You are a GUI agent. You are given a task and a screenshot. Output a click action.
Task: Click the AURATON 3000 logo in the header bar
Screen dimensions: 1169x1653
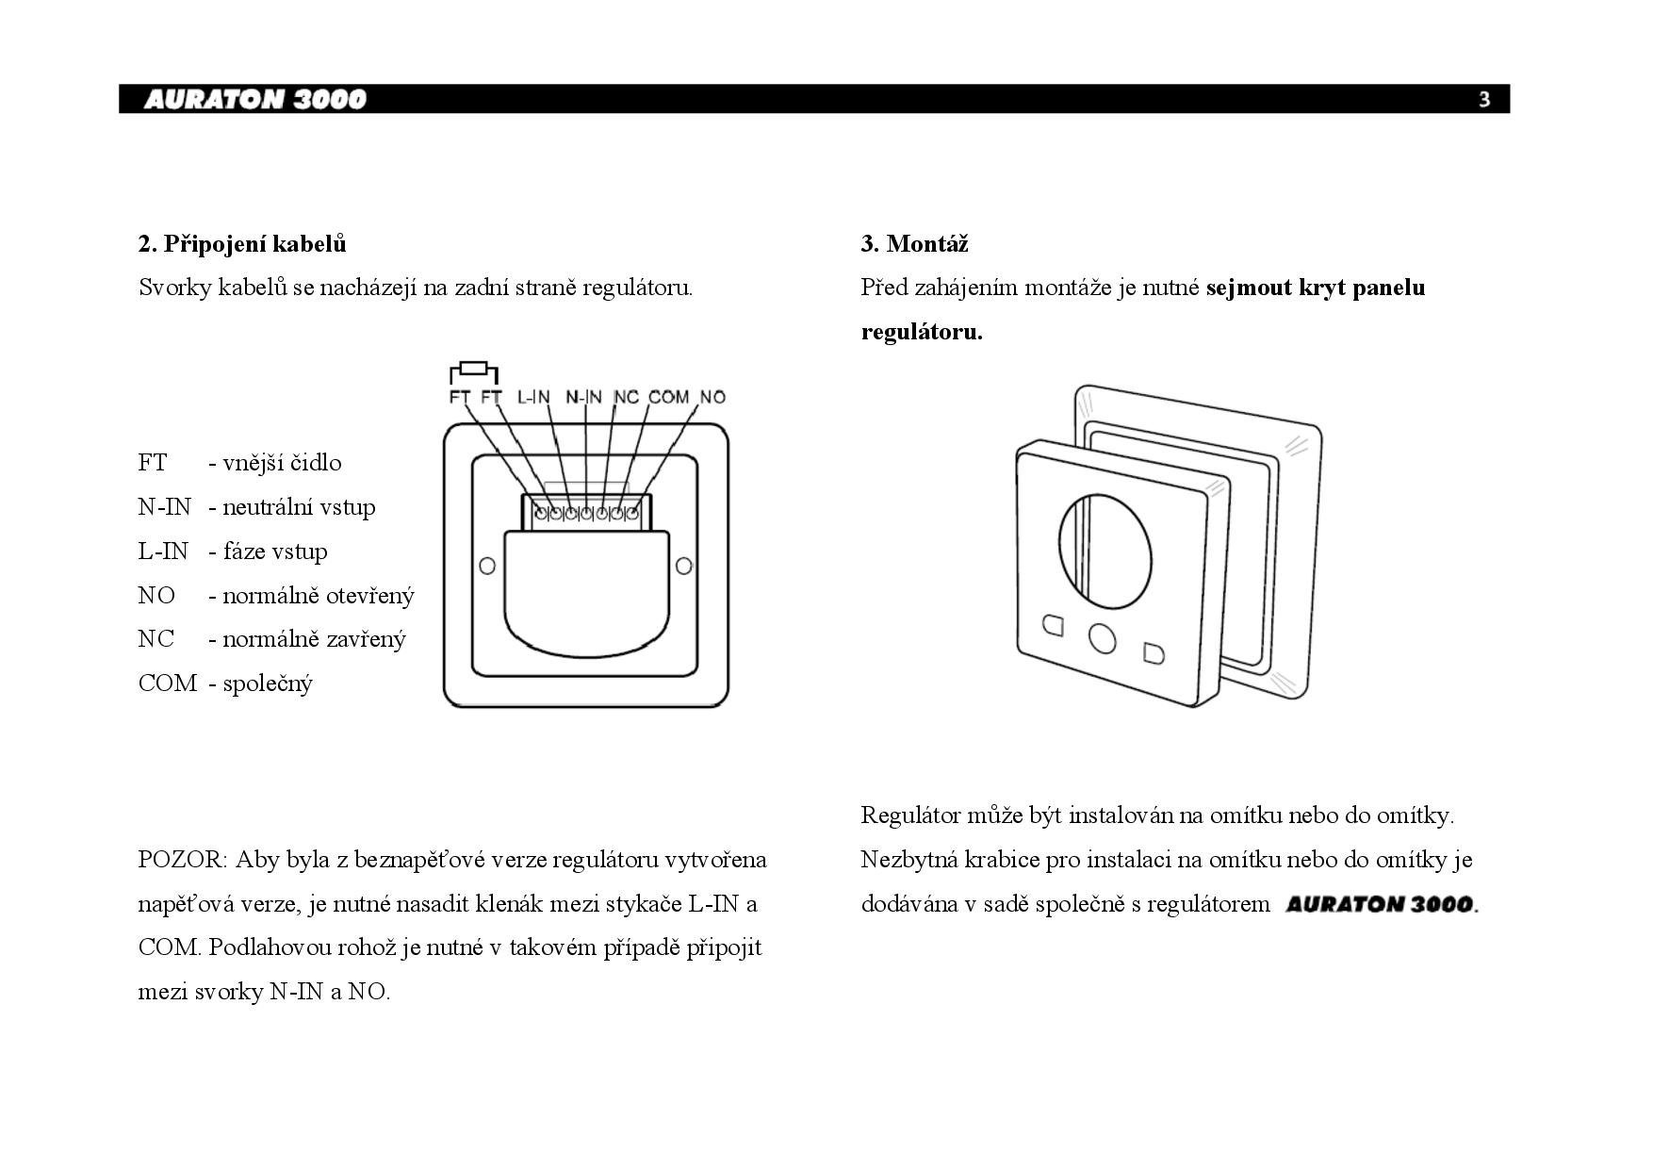254,99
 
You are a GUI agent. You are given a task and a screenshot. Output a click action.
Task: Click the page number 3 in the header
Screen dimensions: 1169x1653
1484,99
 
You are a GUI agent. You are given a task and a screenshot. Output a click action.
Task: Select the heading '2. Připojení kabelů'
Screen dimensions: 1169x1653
242,244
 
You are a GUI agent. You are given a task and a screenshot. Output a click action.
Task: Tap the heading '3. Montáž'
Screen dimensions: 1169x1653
914,244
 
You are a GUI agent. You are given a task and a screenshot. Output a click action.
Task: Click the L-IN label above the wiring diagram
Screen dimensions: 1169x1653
533,397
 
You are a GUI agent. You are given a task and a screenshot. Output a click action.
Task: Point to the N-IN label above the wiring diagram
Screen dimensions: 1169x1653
583,397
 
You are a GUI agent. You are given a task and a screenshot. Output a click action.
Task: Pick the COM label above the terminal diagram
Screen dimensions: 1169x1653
668,397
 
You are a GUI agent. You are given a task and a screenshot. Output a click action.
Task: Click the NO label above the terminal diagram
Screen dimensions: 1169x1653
712,397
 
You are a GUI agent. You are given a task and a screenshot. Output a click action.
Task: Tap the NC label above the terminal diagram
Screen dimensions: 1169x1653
626,397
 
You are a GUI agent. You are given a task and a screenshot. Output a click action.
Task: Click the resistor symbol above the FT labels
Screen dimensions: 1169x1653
474,369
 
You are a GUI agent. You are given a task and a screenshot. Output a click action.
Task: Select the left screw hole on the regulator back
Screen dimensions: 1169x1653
487,566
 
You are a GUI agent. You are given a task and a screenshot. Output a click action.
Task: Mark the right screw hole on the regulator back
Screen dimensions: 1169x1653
684,566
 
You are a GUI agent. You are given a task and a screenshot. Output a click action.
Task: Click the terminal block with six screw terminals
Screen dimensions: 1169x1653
586,513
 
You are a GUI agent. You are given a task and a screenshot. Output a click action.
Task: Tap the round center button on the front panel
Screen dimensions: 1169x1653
1102,638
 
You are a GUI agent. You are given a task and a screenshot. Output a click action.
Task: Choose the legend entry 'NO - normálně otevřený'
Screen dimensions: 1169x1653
275,596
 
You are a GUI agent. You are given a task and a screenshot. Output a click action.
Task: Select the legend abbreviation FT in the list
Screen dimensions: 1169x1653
153,463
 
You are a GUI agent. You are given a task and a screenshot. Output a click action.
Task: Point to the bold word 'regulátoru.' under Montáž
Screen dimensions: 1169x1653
922,332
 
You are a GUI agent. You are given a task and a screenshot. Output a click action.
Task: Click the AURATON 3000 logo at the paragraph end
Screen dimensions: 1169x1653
1380,904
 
